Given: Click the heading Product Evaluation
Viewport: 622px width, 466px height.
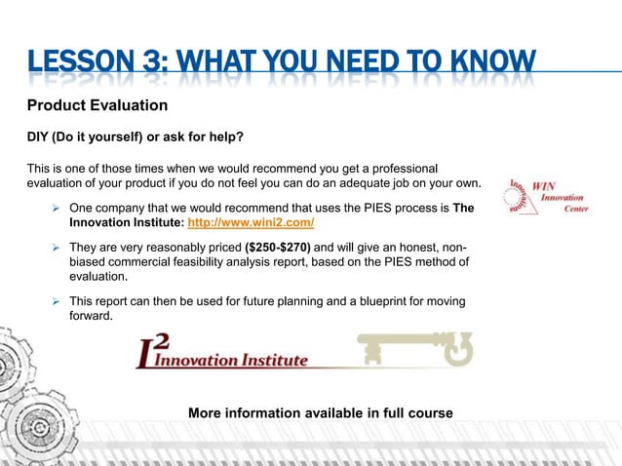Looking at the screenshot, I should (97, 104).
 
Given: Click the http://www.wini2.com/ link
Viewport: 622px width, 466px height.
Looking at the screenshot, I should (255, 223).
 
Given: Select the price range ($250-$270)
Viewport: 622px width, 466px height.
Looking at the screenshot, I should (272, 247).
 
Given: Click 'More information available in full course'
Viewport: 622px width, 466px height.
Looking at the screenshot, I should (320, 413).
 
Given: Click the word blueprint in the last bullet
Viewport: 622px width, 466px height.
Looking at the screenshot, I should (370, 301).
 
